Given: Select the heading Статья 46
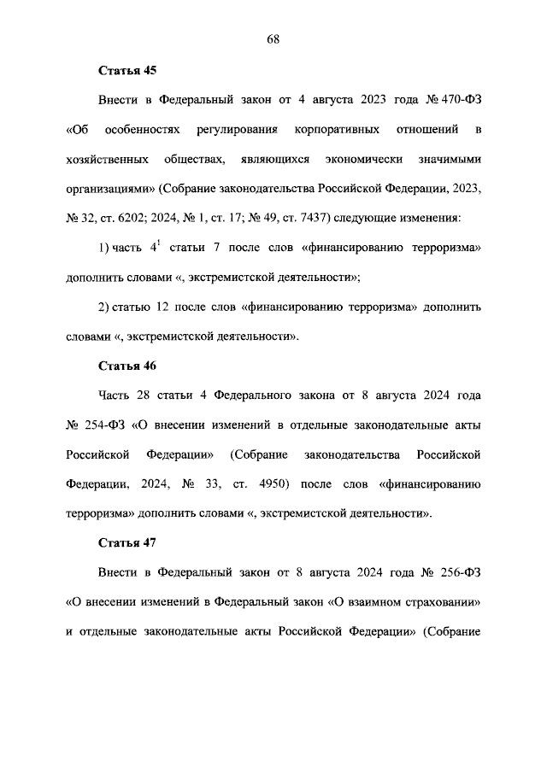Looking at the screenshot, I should tap(128, 366).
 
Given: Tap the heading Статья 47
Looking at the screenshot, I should tap(128, 543).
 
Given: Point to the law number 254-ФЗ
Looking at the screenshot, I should tap(107, 425).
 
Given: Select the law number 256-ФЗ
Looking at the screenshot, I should tap(457, 572).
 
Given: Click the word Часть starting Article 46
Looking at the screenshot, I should tap(116, 395).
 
